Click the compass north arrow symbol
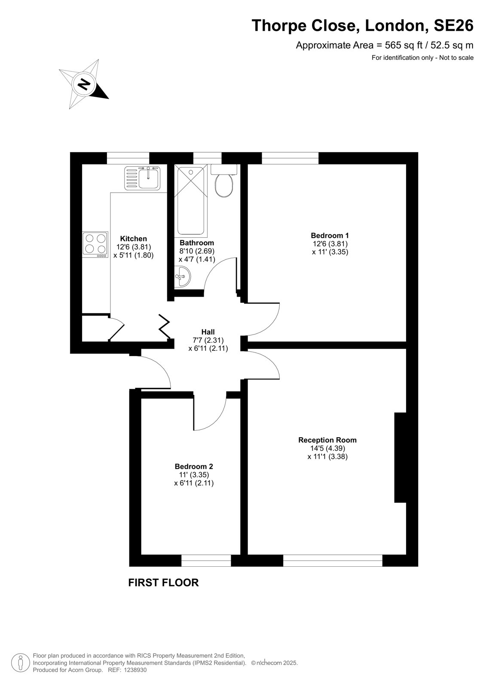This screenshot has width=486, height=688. click(84, 83)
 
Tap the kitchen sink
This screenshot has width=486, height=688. click(143, 178)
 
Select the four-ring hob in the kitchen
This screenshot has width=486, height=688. click(95, 245)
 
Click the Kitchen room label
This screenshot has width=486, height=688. click(133, 239)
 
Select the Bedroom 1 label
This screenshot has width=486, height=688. click(330, 236)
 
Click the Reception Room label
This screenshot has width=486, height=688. click(327, 440)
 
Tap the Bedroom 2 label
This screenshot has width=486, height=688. click(194, 467)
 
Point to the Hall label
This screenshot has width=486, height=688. click(208, 332)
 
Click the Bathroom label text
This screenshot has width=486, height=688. click(197, 243)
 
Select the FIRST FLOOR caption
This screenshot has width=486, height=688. click(163, 583)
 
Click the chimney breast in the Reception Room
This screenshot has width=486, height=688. click(400, 458)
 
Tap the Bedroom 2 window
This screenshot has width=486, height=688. click(206, 561)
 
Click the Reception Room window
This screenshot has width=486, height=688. click(333, 561)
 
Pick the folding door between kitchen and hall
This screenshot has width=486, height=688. click(165, 326)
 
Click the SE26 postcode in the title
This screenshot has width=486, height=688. click(453, 25)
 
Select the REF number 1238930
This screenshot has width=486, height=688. click(134, 670)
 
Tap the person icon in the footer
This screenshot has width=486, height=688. click(21, 663)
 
